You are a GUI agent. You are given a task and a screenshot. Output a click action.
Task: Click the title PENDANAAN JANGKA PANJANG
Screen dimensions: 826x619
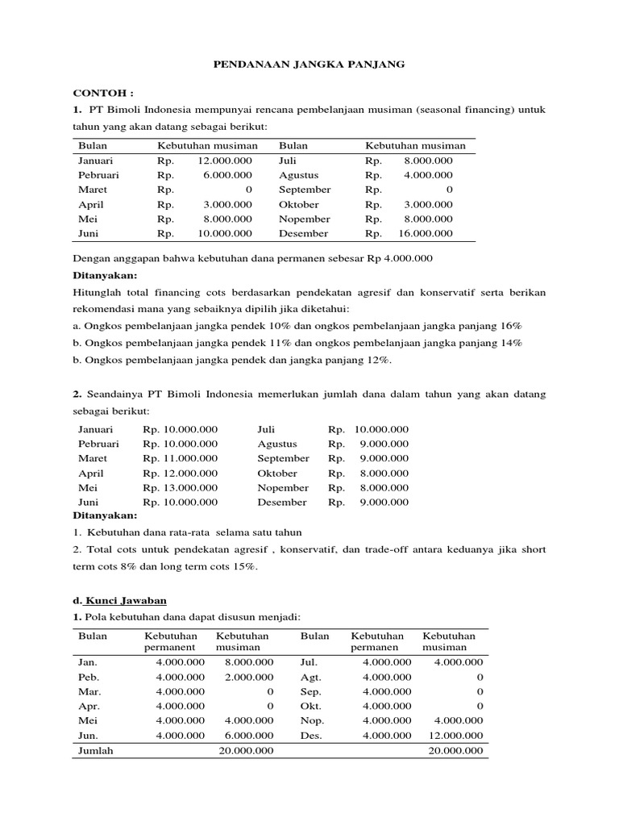[309, 65]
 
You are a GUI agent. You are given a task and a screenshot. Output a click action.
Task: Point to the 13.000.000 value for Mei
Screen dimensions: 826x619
[180, 488]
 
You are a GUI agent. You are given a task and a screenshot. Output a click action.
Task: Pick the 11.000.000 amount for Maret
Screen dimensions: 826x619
[180, 459]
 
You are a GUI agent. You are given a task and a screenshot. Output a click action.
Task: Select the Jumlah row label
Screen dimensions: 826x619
[95, 750]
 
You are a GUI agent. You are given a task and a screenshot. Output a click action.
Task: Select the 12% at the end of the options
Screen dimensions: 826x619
[376, 361]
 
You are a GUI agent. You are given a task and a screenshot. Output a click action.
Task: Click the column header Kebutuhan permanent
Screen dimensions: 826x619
[170, 641]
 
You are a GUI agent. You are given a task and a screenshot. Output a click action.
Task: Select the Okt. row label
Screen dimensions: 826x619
[310, 706]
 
